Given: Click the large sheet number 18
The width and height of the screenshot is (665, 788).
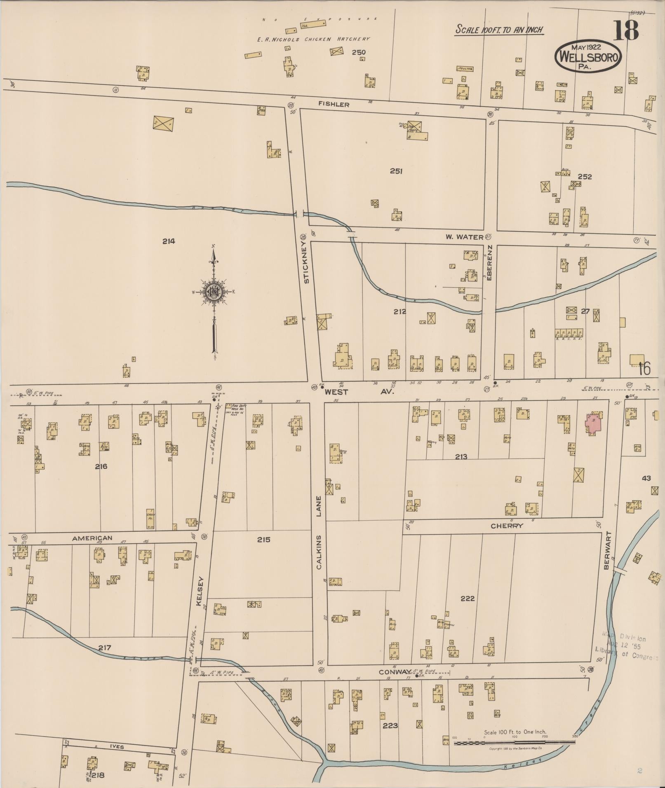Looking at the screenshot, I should [x=626, y=30].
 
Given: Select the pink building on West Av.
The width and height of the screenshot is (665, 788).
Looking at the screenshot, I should [x=594, y=423].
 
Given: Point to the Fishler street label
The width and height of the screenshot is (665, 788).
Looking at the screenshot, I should [x=334, y=105].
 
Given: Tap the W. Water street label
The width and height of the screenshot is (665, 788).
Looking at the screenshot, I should [x=464, y=237].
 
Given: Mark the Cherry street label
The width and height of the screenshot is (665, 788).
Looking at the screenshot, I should [x=501, y=526].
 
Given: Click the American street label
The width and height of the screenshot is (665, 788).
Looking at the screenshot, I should [x=92, y=538].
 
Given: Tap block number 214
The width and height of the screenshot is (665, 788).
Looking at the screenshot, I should [x=168, y=241].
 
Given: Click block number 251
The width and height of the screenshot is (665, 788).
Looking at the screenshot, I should [x=396, y=171].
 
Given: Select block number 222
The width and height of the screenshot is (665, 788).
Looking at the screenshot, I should [x=468, y=598].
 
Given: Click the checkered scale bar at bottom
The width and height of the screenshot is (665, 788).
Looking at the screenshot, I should [x=514, y=743].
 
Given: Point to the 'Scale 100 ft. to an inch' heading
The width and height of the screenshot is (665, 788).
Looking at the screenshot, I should [x=499, y=30].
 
